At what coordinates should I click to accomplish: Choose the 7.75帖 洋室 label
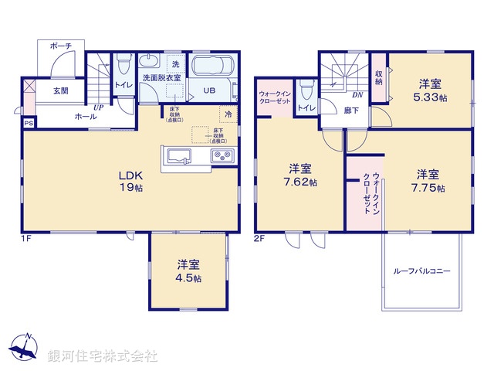429,180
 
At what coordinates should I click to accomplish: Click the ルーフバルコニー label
421,271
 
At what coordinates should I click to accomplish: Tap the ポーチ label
61,46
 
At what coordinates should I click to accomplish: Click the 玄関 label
61,90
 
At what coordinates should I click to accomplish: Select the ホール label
85,116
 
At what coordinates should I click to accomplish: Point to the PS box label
29,123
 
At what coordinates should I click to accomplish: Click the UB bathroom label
209,90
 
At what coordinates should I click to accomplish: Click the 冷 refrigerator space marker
228,114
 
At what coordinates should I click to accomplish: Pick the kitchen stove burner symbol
221,157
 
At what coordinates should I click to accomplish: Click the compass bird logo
25,349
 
